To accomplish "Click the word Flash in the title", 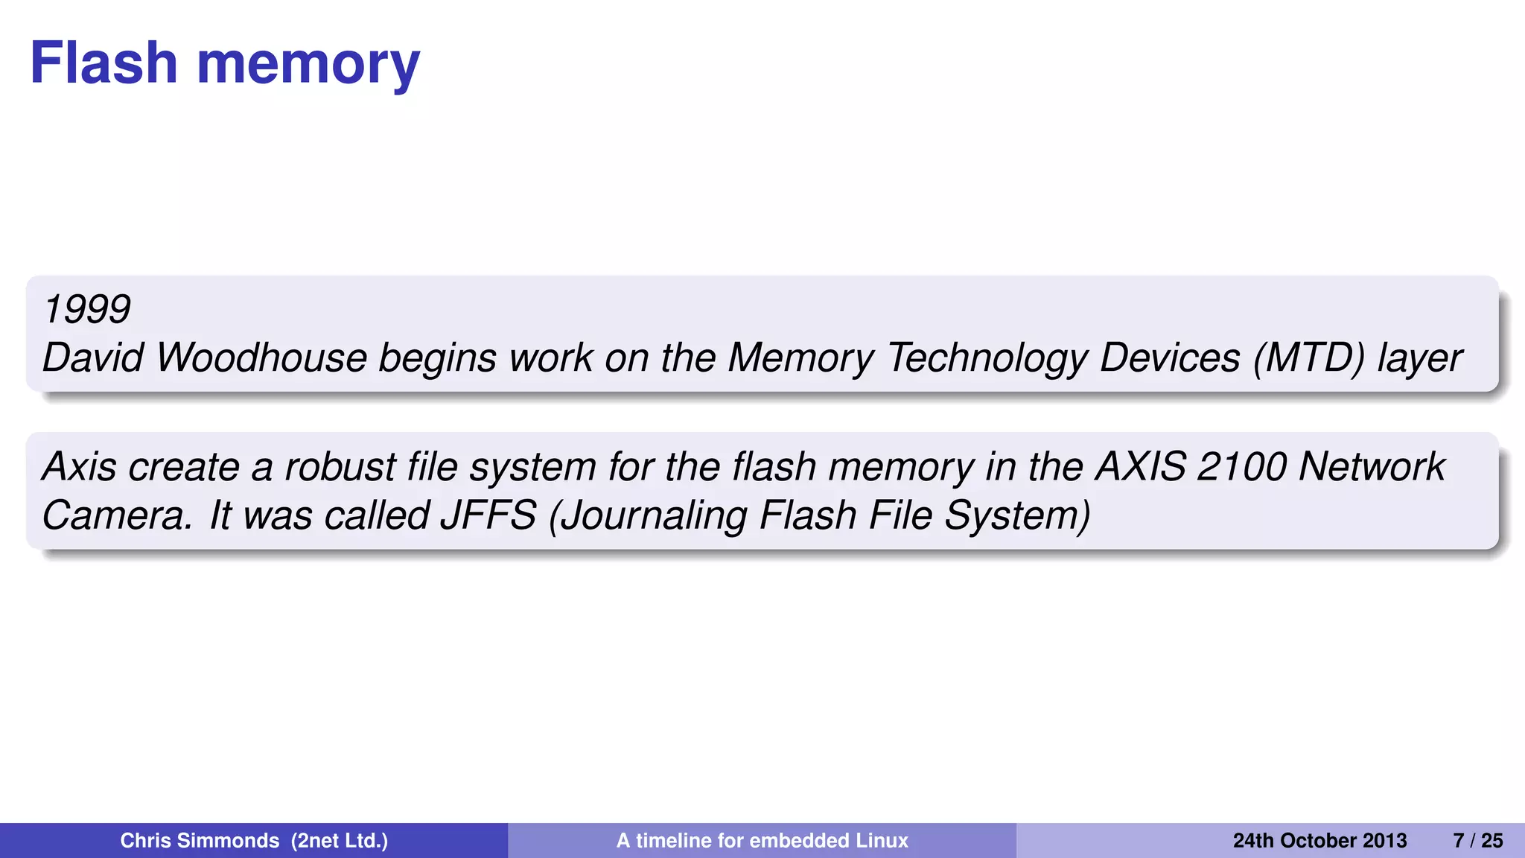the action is coord(104,63).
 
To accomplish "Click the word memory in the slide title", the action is coord(308,64).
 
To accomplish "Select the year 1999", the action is coord(86,308).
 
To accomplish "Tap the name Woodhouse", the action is coord(261,357).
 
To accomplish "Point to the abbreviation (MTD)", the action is coord(1309,357).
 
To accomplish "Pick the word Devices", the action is coord(1170,357).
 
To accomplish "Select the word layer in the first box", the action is coord(1420,359).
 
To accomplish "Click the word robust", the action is coord(340,467).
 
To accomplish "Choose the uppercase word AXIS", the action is coord(1141,467).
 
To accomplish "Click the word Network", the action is coord(1372,467).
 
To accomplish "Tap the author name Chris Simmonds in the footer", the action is coord(200,841).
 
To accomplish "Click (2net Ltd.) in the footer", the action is coord(340,841).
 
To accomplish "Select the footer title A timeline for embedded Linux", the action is coord(762,841).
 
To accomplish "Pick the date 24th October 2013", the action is coord(1319,841).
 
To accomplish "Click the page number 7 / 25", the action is coord(1478,841).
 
